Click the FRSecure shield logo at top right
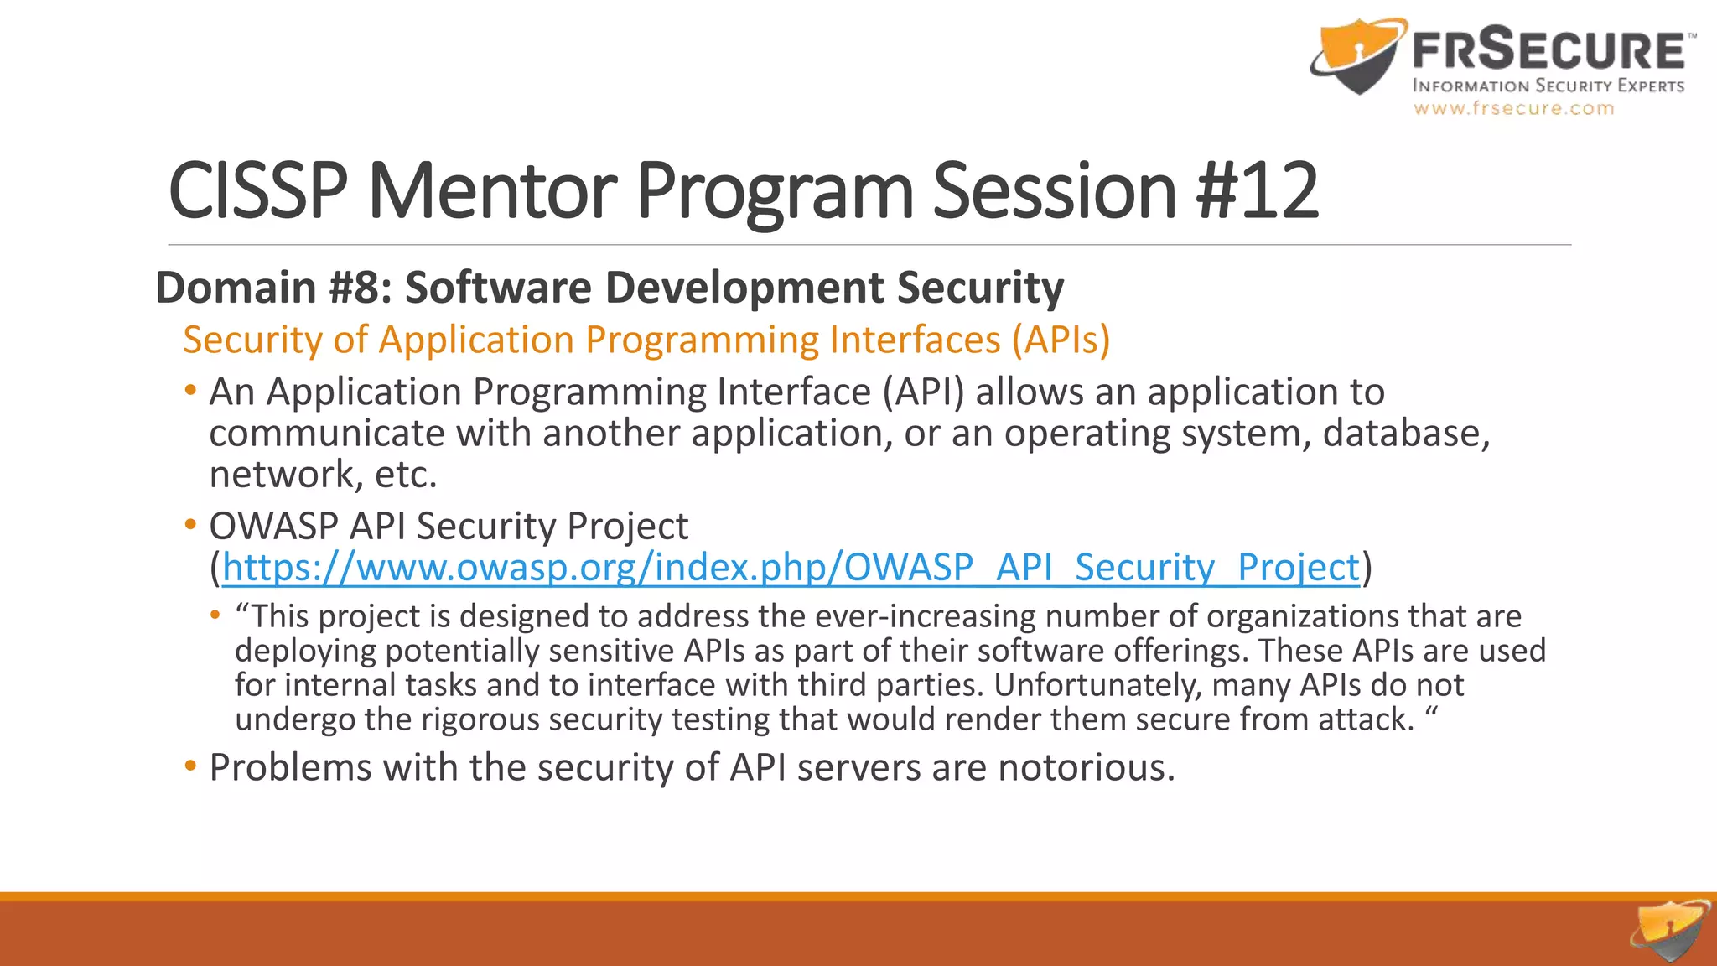[1356, 57]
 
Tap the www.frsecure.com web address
[1513, 108]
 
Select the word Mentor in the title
[492, 190]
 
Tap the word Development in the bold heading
[743, 288]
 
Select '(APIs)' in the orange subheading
[1061, 340]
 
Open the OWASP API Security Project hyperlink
[791, 568]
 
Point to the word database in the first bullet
[1405, 434]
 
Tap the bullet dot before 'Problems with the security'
[191, 766]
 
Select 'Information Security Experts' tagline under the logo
[1548, 86]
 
